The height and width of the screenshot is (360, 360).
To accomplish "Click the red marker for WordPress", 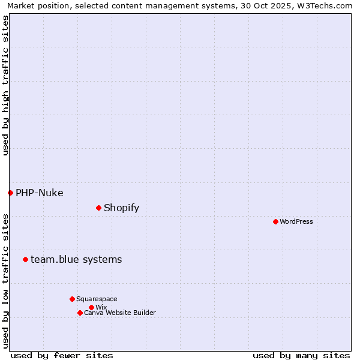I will (x=275, y=221).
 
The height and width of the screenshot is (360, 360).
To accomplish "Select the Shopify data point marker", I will (x=98, y=208).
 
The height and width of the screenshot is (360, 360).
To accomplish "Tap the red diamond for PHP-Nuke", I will (x=10, y=193).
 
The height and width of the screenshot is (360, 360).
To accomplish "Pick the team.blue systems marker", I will (x=25, y=259).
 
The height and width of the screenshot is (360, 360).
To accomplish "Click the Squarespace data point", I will (x=72, y=299).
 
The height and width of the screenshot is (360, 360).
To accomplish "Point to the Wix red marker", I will (x=91, y=307).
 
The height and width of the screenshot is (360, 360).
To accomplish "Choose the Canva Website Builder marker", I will (x=80, y=313).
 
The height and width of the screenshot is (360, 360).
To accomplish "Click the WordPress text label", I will (x=296, y=221).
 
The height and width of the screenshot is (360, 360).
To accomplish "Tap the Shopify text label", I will (x=121, y=208).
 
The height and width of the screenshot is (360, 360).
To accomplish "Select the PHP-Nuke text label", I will (x=40, y=193).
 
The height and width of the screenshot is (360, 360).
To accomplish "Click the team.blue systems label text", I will (x=76, y=259).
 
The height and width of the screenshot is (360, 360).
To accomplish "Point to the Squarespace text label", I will (x=97, y=299).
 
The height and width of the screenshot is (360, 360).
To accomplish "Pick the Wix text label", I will (x=101, y=307).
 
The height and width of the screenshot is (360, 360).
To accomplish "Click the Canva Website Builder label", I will (x=120, y=313).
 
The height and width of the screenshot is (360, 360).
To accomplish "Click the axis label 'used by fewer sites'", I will (x=62, y=355).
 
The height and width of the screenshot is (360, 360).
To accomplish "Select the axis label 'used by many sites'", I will (x=301, y=355).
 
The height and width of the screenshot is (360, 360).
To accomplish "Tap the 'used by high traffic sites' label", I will (x=5, y=85).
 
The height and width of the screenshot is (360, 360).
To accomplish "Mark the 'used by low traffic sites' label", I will (x=5, y=280).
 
